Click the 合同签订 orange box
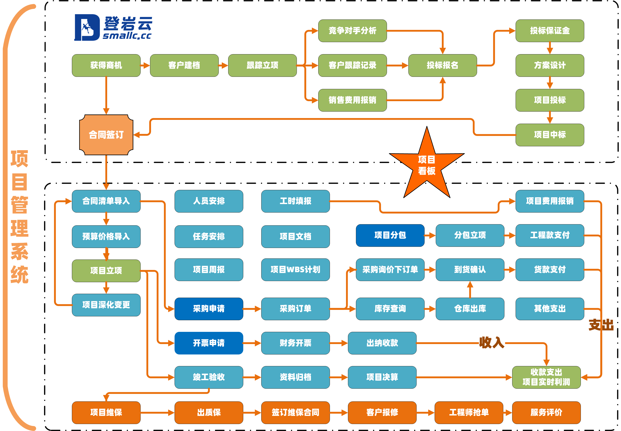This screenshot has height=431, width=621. (106, 135)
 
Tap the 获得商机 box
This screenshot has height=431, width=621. (106, 65)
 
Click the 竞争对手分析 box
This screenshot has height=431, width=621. (352, 31)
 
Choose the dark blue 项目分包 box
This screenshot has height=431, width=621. (390, 235)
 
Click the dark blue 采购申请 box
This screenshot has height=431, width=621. (209, 309)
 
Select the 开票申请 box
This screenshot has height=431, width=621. (209, 343)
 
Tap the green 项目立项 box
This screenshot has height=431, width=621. (106, 271)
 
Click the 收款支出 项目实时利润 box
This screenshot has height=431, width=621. (546, 377)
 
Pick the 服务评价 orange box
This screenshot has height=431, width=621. (546, 412)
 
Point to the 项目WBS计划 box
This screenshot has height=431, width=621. (295, 270)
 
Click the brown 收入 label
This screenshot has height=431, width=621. (491, 342)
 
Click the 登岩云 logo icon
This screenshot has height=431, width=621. (87, 28)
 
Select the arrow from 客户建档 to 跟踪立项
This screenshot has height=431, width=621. (223, 65)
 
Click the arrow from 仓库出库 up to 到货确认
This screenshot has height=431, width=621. (470, 289)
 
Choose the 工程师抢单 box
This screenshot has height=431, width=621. (469, 412)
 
